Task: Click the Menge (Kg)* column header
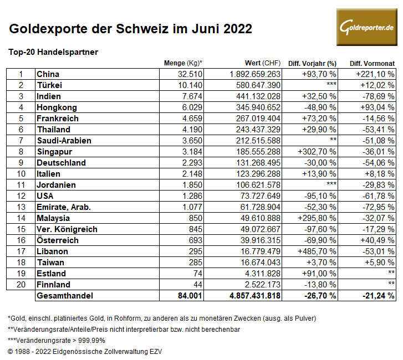(x=183, y=63)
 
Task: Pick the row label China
(x=48, y=74)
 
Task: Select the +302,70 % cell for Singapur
(x=319, y=152)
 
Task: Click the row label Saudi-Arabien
(x=64, y=141)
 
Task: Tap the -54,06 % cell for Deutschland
(x=375, y=163)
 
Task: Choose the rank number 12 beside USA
(x=21, y=196)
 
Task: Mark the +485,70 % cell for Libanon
(x=319, y=251)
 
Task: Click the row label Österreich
(x=57, y=240)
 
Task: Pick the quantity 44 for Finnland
(x=196, y=285)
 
